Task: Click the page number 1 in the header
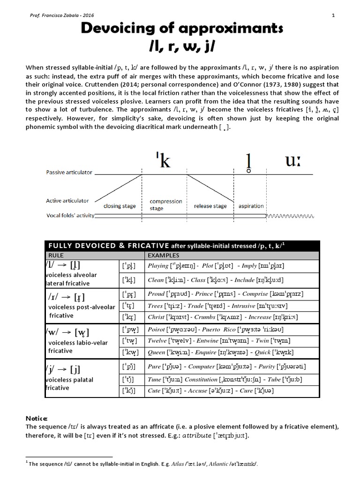pyautogui.click(x=332, y=15)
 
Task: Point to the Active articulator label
pyautogui.click(x=67, y=201)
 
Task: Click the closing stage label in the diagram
pyautogui.click(x=120, y=206)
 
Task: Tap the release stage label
pyautogui.click(x=210, y=206)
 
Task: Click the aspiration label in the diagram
pyautogui.click(x=251, y=206)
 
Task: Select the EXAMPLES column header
pyautogui.click(x=164, y=255)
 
